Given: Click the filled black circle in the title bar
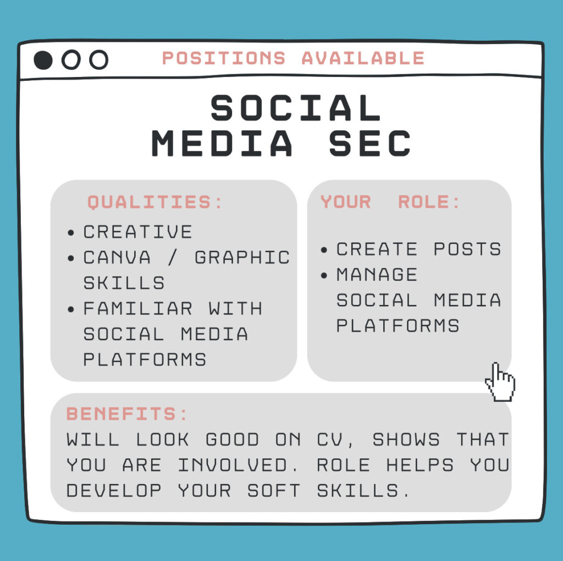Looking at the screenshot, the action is (x=43, y=60).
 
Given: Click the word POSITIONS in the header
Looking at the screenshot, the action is (x=224, y=58).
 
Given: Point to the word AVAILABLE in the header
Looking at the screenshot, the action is (x=363, y=58).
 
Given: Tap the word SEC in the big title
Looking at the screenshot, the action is (x=370, y=143).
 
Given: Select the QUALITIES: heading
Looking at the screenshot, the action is (x=154, y=202).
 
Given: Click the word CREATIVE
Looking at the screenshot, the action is (x=138, y=232).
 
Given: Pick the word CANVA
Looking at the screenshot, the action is (x=117, y=257).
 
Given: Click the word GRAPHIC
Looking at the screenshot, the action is (x=242, y=257).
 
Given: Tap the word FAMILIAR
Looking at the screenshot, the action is (x=138, y=309).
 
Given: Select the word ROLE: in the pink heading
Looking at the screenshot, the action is (x=429, y=202).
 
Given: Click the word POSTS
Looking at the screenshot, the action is (x=467, y=249).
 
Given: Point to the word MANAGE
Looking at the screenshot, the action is (x=377, y=275).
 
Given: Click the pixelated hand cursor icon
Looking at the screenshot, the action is (x=500, y=382).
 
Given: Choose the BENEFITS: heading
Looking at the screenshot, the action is (x=127, y=414).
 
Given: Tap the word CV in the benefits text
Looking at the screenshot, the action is (x=330, y=440).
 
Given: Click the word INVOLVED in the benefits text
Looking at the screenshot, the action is (x=233, y=465).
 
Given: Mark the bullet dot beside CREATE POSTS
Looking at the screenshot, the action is (x=324, y=250).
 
